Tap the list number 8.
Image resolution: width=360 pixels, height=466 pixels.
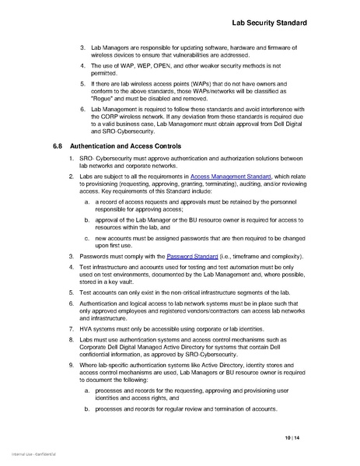tap(82, 342)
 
